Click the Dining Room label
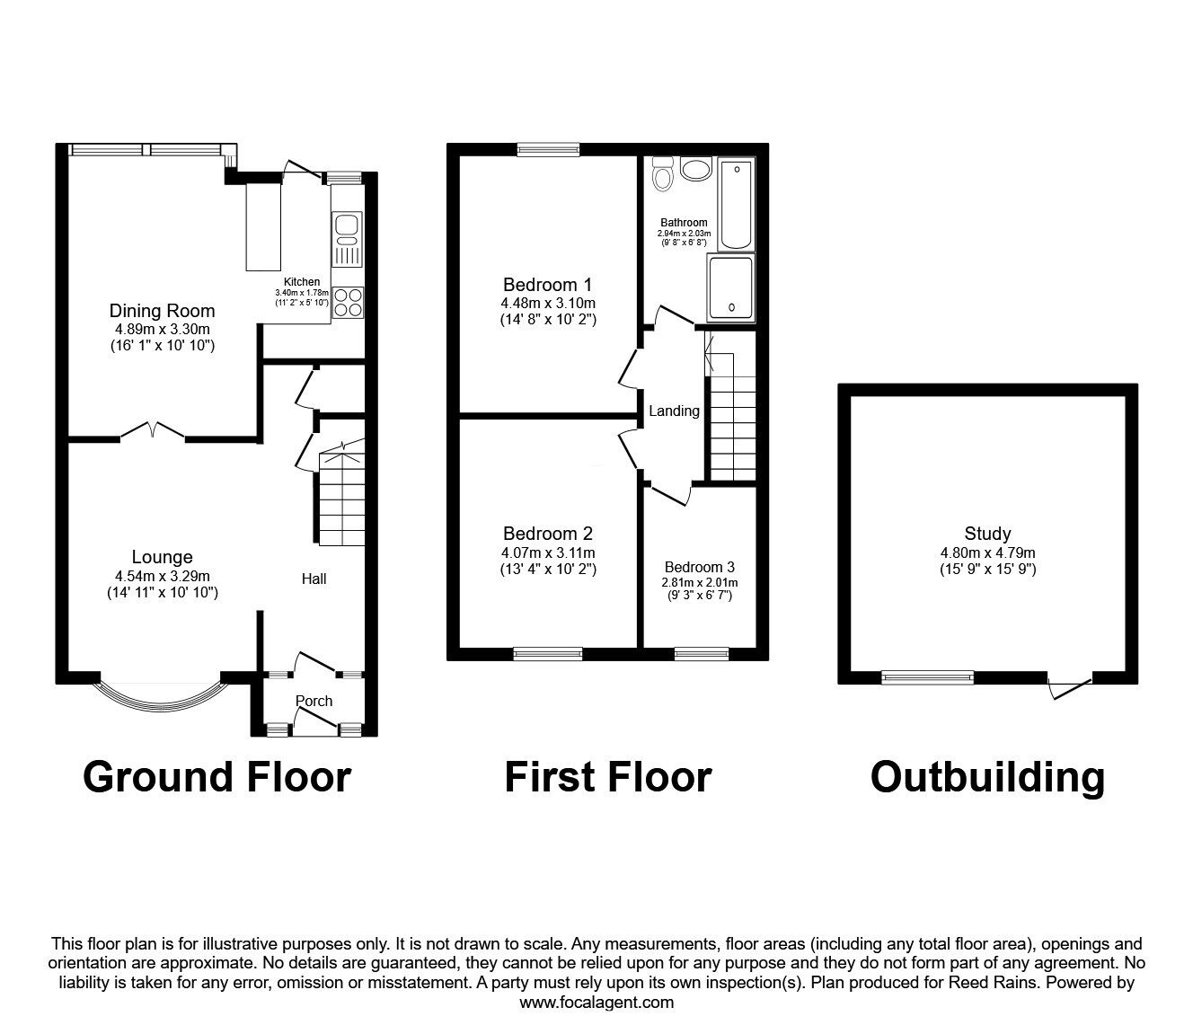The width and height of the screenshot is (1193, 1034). [x=162, y=311]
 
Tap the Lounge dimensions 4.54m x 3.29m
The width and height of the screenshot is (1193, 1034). [x=162, y=576]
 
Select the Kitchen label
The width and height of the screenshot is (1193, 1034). [x=302, y=282]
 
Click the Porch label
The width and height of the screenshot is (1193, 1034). [x=314, y=701]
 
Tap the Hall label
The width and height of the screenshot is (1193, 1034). [x=314, y=579]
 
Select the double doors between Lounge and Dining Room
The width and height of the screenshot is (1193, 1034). [x=152, y=432]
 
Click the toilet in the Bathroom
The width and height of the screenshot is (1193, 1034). [x=663, y=174]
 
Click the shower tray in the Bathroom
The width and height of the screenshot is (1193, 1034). [x=731, y=287]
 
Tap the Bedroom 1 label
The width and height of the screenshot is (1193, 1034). [x=547, y=286]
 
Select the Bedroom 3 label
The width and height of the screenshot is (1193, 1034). [x=699, y=567]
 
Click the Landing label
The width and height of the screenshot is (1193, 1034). [x=674, y=411]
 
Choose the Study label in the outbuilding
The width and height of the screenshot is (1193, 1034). [x=987, y=534]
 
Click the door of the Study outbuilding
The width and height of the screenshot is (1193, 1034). [x=1070, y=686]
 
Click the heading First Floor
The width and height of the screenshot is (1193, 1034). [x=607, y=777]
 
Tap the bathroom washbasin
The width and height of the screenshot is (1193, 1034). [x=695, y=168]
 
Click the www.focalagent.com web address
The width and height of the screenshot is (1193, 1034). [x=596, y=1003]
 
